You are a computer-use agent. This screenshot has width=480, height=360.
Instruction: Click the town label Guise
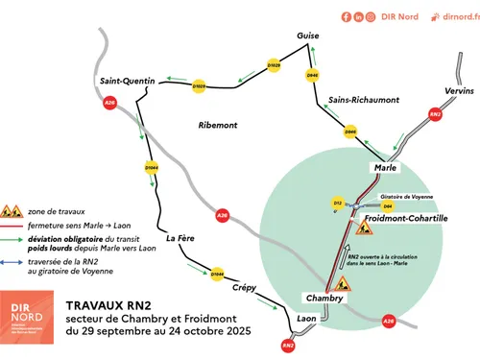(x=307, y=36)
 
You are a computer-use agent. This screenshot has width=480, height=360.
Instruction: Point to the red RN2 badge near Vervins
(x=435, y=114)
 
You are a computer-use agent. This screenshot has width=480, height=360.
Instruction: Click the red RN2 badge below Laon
(x=288, y=345)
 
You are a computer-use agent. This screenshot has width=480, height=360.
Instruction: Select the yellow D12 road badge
(x=338, y=204)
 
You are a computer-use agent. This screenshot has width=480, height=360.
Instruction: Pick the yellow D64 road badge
(x=387, y=205)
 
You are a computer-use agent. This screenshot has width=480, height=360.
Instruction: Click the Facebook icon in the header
(x=347, y=17)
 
